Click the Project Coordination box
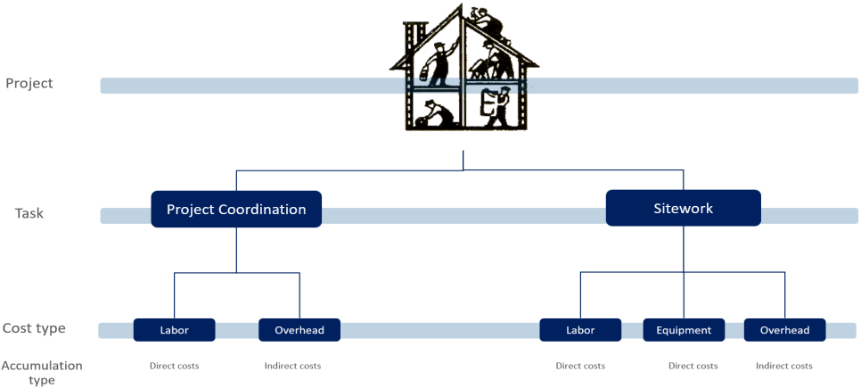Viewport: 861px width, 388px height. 236,210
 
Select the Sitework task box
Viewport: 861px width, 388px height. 683,208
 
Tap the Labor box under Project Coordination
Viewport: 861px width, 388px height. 175,330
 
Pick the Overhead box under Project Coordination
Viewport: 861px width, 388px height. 299,330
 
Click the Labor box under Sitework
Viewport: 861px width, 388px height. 580,330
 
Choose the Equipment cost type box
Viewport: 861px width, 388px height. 684,330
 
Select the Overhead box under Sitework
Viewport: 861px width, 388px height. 784,330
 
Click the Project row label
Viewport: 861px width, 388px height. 29,84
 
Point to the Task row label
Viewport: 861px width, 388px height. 29,214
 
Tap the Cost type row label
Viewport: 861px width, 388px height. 34,328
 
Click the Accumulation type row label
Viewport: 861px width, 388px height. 42,373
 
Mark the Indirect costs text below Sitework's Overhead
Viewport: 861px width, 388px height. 783,366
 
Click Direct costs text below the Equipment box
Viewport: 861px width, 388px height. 693,366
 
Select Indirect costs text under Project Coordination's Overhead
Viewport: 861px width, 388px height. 292,366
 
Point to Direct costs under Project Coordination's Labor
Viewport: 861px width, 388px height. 174,366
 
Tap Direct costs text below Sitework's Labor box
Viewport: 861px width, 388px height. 580,366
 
